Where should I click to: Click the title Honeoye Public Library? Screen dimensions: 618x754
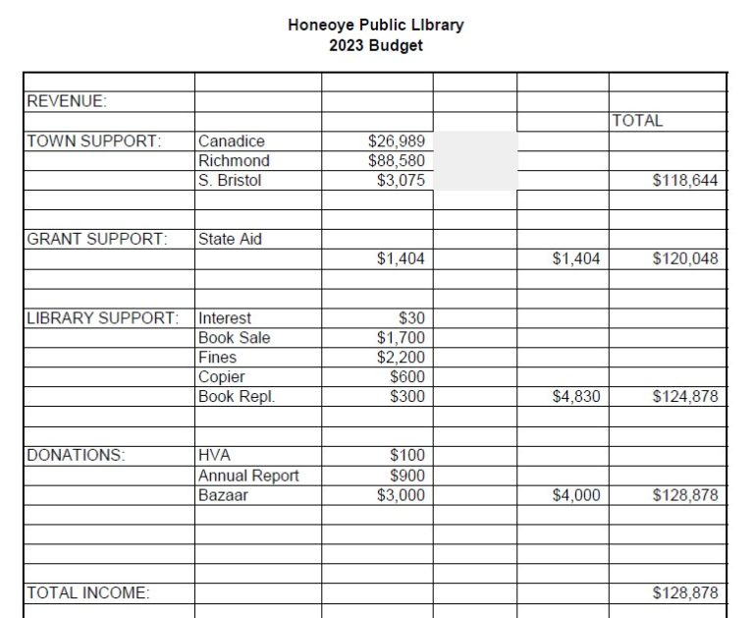coord(375,25)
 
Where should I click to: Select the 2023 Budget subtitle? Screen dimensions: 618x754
coord(376,45)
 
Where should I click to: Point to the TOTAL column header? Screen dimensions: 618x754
coord(637,121)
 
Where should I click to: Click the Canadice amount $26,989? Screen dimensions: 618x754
coord(397,141)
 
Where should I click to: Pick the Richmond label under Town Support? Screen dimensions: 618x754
coord(234,161)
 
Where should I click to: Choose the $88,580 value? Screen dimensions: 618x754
coord(397,161)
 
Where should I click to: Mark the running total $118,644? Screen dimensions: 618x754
coord(685,181)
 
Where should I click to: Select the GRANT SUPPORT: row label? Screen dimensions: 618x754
coord(97,239)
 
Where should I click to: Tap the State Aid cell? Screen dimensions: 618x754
coord(230,239)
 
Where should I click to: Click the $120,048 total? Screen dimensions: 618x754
coord(685,259)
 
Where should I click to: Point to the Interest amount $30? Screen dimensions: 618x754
coord(411,318)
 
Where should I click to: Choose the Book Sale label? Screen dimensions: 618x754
coord(234,338)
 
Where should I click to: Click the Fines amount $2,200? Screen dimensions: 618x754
coord(401,358)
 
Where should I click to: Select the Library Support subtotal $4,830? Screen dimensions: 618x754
coord(576,397)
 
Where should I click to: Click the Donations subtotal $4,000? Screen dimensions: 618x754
coord(576,495)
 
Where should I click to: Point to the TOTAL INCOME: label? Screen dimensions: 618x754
coord(87,592)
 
